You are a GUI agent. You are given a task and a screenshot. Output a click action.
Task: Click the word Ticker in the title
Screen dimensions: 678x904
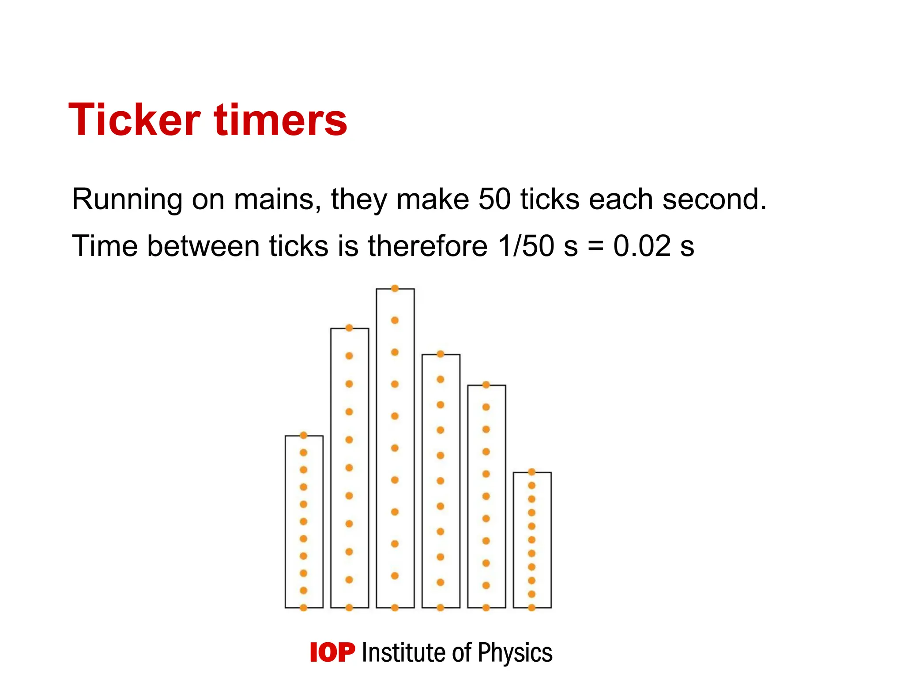[x=135, y=120]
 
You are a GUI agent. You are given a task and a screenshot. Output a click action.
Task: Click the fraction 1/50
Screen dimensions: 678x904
[x=526, y=246]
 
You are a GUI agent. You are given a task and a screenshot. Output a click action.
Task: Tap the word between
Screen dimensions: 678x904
[x=203, y=246]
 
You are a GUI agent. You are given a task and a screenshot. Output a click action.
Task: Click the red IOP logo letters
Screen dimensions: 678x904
[x=332, y=652]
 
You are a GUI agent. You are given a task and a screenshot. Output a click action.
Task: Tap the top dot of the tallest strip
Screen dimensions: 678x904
[x=395, y=289]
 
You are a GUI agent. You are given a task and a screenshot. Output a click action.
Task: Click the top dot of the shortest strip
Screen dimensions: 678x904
[x=532, y=472]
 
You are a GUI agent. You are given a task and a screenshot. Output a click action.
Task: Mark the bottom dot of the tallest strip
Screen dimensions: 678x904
[x=395, y=608]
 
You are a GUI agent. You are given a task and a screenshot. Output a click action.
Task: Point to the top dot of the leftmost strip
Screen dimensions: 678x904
[x=304, y=436]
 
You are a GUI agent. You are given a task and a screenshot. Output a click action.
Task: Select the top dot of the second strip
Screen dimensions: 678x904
[x=349, y=328]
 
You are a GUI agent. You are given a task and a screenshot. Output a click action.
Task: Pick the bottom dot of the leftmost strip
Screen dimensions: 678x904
[x=304, y=608]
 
